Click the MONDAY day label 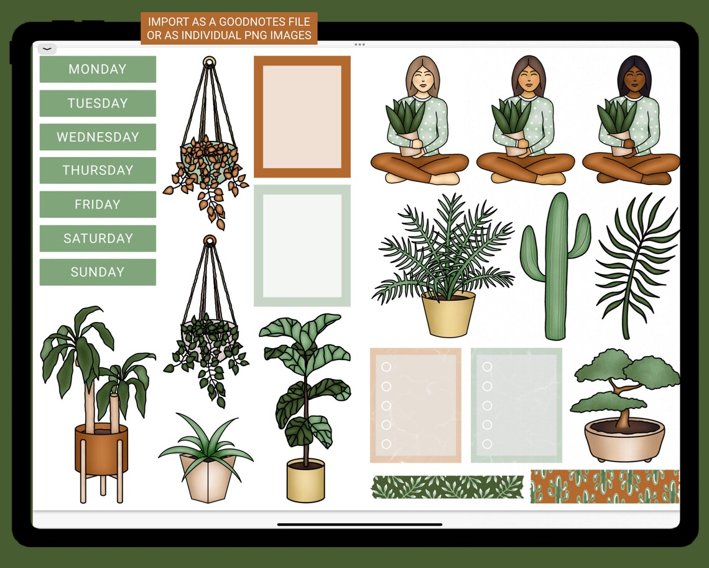tap(98, 69)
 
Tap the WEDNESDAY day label tap(98, 137)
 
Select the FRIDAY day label tap(98, 204)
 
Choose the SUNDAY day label tap(98, 272)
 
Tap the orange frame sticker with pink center tap(302, 116)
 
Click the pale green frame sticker tap(302, 245)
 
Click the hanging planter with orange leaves tap(208, 156)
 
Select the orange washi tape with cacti tap(605, 486)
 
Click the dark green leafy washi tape tap(448, 487)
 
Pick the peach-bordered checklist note tap(415, 405)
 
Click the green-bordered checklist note tap(516, 405)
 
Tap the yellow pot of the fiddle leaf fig tap(305, 480)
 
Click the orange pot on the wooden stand tap(101, 448)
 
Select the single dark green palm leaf tap(636, 265)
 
